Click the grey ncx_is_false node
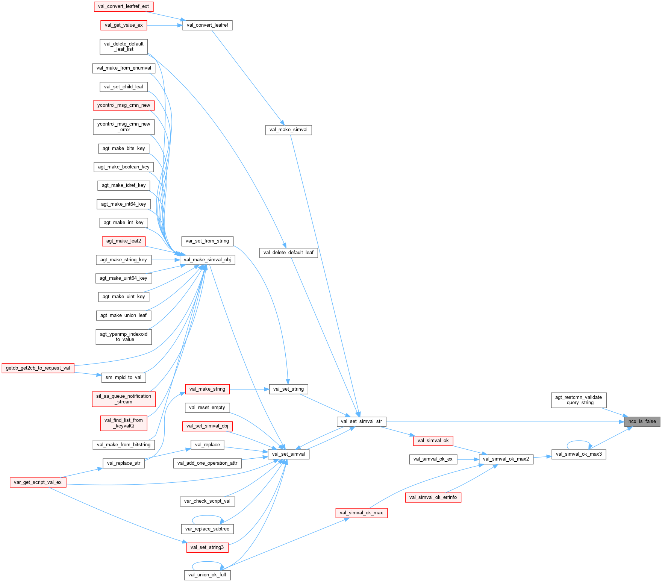(642, 421)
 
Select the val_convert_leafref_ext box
(123, 6)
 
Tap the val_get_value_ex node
(124, 25)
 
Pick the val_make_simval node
(288, 130)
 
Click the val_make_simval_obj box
(207, 260)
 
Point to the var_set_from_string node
(207, 241)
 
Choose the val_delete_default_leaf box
(288, 253)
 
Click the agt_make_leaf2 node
(124, 241)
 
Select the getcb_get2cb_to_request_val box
(38, 368)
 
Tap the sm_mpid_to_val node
(123, 377)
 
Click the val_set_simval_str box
(361, 421)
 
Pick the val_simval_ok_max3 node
(579, 454)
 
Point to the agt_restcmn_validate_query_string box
(579, 400)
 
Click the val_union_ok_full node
(207, 575)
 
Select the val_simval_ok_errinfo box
(433, 497)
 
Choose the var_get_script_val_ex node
(38, 482)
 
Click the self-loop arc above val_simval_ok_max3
(579, 441)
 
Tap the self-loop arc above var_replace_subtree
(207, 516)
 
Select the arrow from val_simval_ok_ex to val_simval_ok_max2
(468, 459)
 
